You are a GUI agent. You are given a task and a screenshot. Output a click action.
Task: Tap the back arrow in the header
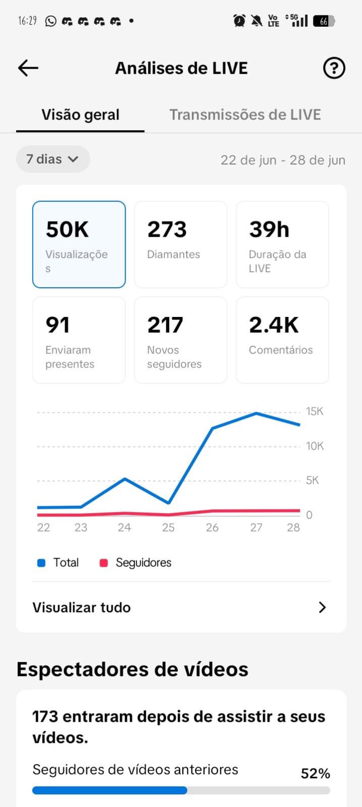coord(28,68)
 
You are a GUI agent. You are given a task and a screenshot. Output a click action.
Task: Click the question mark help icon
coord(334,68)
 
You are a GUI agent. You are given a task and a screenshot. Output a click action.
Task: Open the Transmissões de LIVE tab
coord(245,115)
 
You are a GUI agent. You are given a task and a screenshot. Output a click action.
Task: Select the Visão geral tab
coord(80,115)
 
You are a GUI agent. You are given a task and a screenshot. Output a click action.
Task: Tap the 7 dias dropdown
coord(53,159)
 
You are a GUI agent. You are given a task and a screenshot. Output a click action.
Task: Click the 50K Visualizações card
coord(79,245)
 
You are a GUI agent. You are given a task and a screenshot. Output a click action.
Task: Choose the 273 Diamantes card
coord(181,245)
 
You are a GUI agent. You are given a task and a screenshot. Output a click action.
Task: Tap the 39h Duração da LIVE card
coord(282,245)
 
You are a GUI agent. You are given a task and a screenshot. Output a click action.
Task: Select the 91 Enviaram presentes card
coord(79,340)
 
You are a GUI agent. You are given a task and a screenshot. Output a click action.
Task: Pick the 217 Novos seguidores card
coord(181,340)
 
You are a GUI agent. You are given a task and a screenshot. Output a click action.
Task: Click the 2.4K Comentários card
coord(282,340)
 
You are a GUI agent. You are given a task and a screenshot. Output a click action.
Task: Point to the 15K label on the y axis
coord(315,411)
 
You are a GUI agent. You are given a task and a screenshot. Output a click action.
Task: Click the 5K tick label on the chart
coord(312,480)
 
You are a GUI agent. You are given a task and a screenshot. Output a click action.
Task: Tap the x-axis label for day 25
coord(169,527)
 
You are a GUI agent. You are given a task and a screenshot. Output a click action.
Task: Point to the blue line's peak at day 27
coord(256,413)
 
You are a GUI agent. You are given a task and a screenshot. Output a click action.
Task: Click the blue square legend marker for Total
coord(41,563)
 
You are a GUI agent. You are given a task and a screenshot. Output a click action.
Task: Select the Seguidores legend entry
coord(135,563)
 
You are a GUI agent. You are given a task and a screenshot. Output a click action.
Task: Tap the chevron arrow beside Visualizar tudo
coord(322,608)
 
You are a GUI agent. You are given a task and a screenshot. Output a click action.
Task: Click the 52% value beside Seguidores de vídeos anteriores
coord(316,774)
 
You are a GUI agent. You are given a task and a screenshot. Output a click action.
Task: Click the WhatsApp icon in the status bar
coord(51,21)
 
